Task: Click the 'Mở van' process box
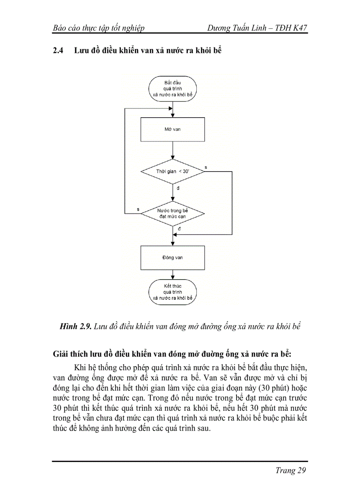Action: [x=172, y=130]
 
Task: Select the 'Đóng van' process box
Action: [x=172, y=257]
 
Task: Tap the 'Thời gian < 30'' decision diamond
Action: [x=172, y=171]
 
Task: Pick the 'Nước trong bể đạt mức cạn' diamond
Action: [x=172, y=214]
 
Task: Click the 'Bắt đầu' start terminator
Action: [x=172, y=89]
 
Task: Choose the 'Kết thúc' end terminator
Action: [x=172, y=292]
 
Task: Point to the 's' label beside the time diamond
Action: [x=206, y=167]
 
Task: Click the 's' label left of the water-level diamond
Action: [x=139, y=209]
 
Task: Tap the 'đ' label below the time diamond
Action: [x=178, y=188]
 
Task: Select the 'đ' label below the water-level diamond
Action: [x=179, y=230]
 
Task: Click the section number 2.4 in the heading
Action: [x=58, y=51]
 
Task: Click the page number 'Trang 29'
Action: [x=290, y=470]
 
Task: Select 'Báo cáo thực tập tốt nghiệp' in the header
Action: [x=98, y=28]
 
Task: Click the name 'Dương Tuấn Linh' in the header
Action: [x=235, y=28]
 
